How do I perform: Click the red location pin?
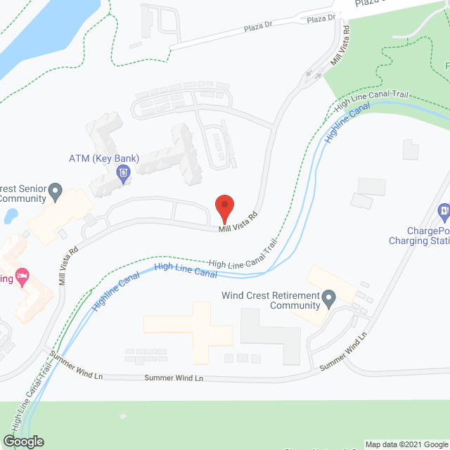pyautogui.click(x=224, y=207)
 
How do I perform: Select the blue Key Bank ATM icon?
pyautogui.click(x=124, y=172)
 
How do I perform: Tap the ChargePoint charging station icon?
pyautogui.click(x=444, y=210)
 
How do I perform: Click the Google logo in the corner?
pyautogui.click(x=22, y=441)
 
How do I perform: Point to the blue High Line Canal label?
pyautogui.click(x=185, y=270)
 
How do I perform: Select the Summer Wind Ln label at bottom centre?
pyautogui.click(x=174, y=378)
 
